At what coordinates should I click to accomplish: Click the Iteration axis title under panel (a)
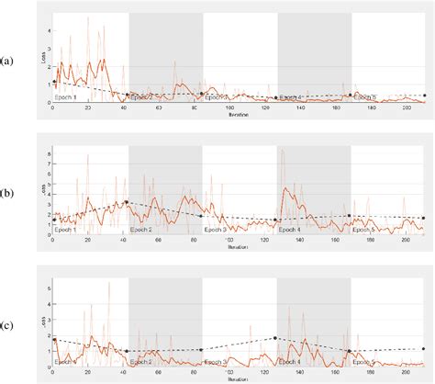coord(237,117)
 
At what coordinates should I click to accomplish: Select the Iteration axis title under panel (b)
coord(237,248)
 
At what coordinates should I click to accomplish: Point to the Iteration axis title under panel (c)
coord(237,379)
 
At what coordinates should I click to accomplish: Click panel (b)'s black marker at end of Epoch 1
coord(127,202)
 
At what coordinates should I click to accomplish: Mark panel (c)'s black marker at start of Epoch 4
coord(275,338)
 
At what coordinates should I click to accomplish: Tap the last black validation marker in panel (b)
coord(423,218)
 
